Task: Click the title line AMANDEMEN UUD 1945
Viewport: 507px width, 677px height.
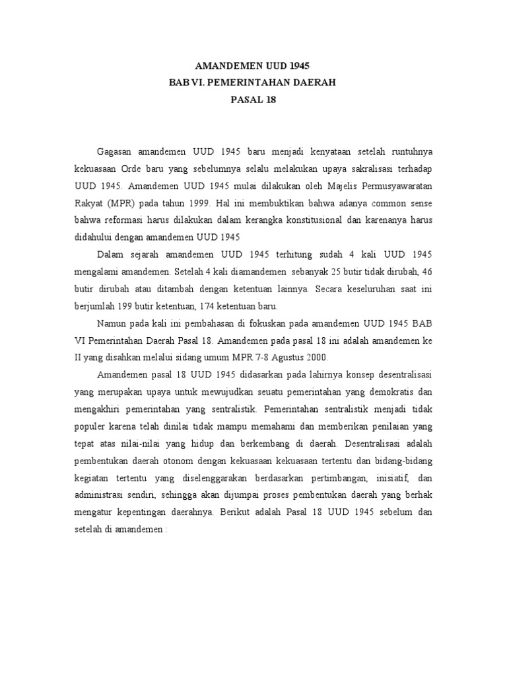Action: tap(253, 66)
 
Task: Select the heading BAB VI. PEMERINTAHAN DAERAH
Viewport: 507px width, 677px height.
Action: tap(253, 83)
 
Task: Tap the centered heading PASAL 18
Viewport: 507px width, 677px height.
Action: tap(253, 100)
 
